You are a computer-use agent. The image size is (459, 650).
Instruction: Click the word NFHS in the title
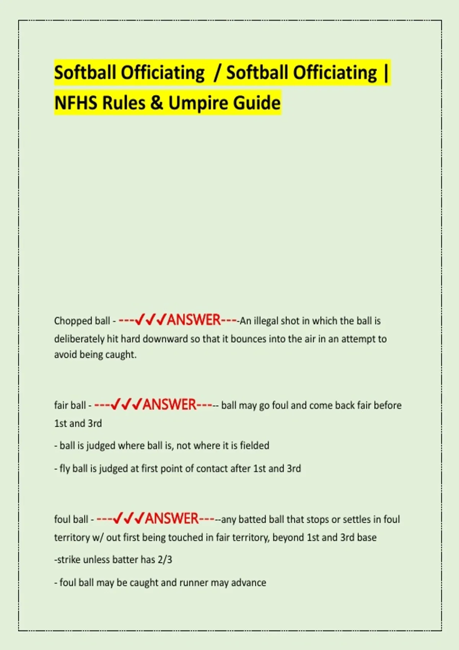coord(76,103)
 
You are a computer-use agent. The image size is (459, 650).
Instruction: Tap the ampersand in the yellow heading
coord(156,103)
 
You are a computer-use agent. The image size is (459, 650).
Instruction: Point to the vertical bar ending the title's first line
coord(386,73)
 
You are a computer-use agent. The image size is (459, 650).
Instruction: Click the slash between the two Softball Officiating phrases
coord(217,73)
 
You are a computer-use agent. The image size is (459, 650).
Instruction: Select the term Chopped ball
coord(82,320)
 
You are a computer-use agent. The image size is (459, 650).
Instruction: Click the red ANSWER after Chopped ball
coord(194,320)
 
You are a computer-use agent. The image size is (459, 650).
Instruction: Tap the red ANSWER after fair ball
coord(169,405)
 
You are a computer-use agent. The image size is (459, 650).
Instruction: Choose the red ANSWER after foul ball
coord(172,519)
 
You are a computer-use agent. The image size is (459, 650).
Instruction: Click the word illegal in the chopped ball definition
coord(266,321)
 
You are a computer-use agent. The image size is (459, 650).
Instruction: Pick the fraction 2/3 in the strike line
coord(165,559)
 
